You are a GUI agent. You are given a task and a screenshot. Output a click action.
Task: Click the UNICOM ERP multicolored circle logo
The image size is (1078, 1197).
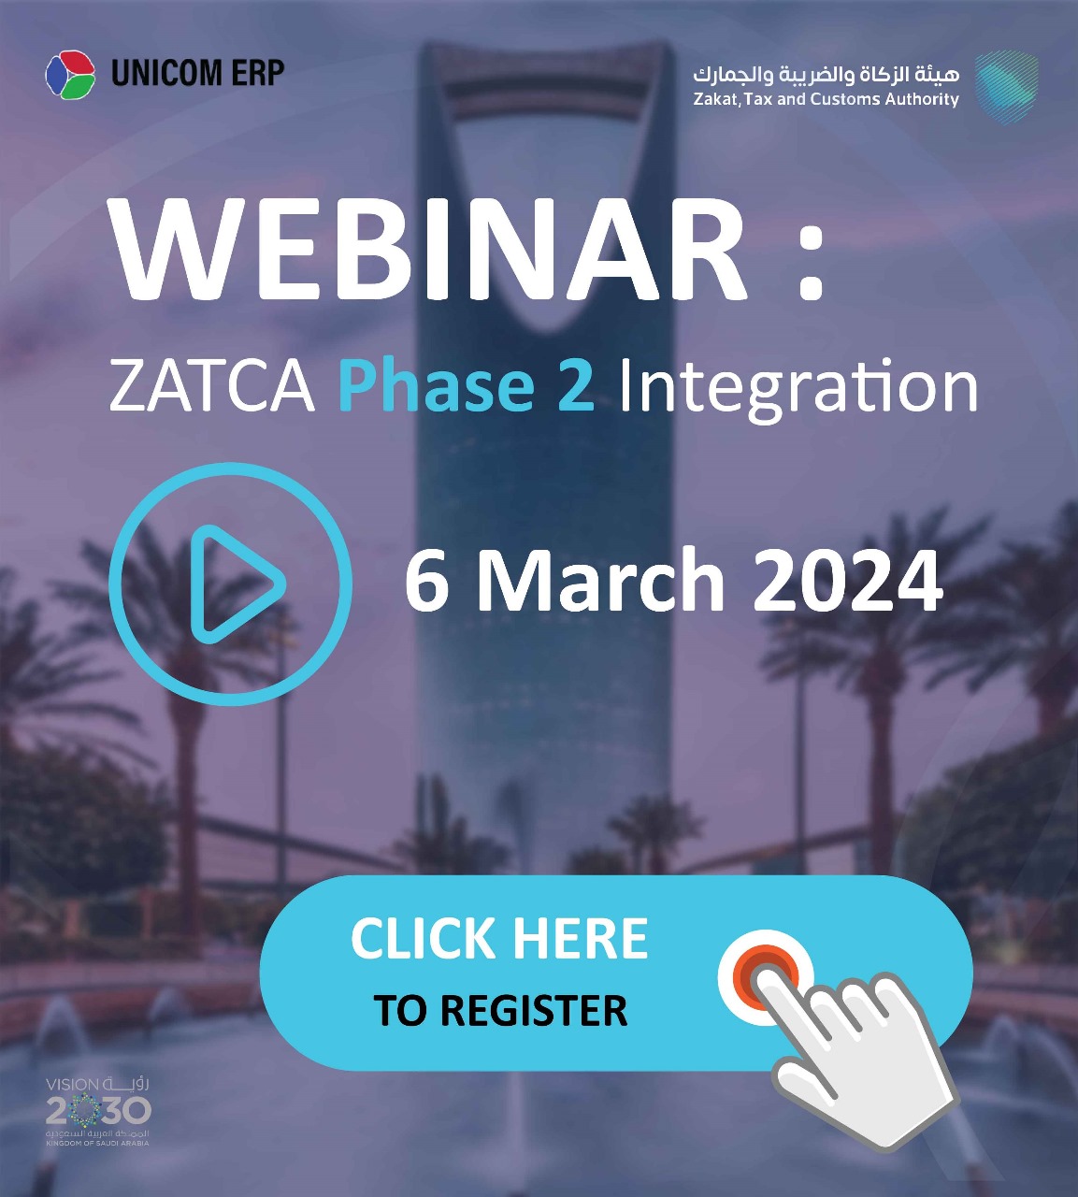70,75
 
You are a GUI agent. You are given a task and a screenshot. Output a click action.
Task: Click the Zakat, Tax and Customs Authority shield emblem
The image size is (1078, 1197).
1006,87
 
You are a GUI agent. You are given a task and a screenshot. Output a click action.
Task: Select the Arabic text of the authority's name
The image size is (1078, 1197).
826,75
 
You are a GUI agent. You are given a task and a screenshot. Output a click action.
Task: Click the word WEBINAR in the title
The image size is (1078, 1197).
428,250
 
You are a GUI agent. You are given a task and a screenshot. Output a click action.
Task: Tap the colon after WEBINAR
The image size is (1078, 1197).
811,263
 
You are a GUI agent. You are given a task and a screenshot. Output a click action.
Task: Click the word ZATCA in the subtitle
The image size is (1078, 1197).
212,386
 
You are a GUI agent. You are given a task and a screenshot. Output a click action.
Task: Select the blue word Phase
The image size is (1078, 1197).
436,385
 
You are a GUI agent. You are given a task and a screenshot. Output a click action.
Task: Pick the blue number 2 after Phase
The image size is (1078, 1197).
575,385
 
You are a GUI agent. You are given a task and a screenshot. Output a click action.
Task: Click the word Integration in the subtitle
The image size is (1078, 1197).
798,390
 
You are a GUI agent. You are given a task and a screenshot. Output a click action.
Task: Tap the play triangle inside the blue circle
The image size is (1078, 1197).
236,584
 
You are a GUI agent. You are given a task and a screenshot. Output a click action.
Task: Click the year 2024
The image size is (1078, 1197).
848,581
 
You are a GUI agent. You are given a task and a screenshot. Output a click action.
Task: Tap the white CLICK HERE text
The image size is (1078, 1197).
499,939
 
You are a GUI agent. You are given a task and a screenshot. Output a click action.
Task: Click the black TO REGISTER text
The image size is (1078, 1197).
500,1010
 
